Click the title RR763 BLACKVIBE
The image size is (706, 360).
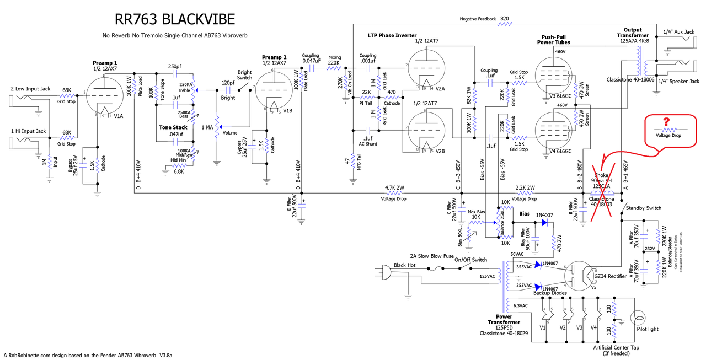pos(174,20)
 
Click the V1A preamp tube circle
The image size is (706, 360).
pos(103,95)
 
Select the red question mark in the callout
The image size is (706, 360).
pos(666,122)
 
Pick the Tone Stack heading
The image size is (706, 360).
pos(173,127)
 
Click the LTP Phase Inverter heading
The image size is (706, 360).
pos(392,35)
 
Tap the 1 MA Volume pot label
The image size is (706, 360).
pos(209,128)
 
